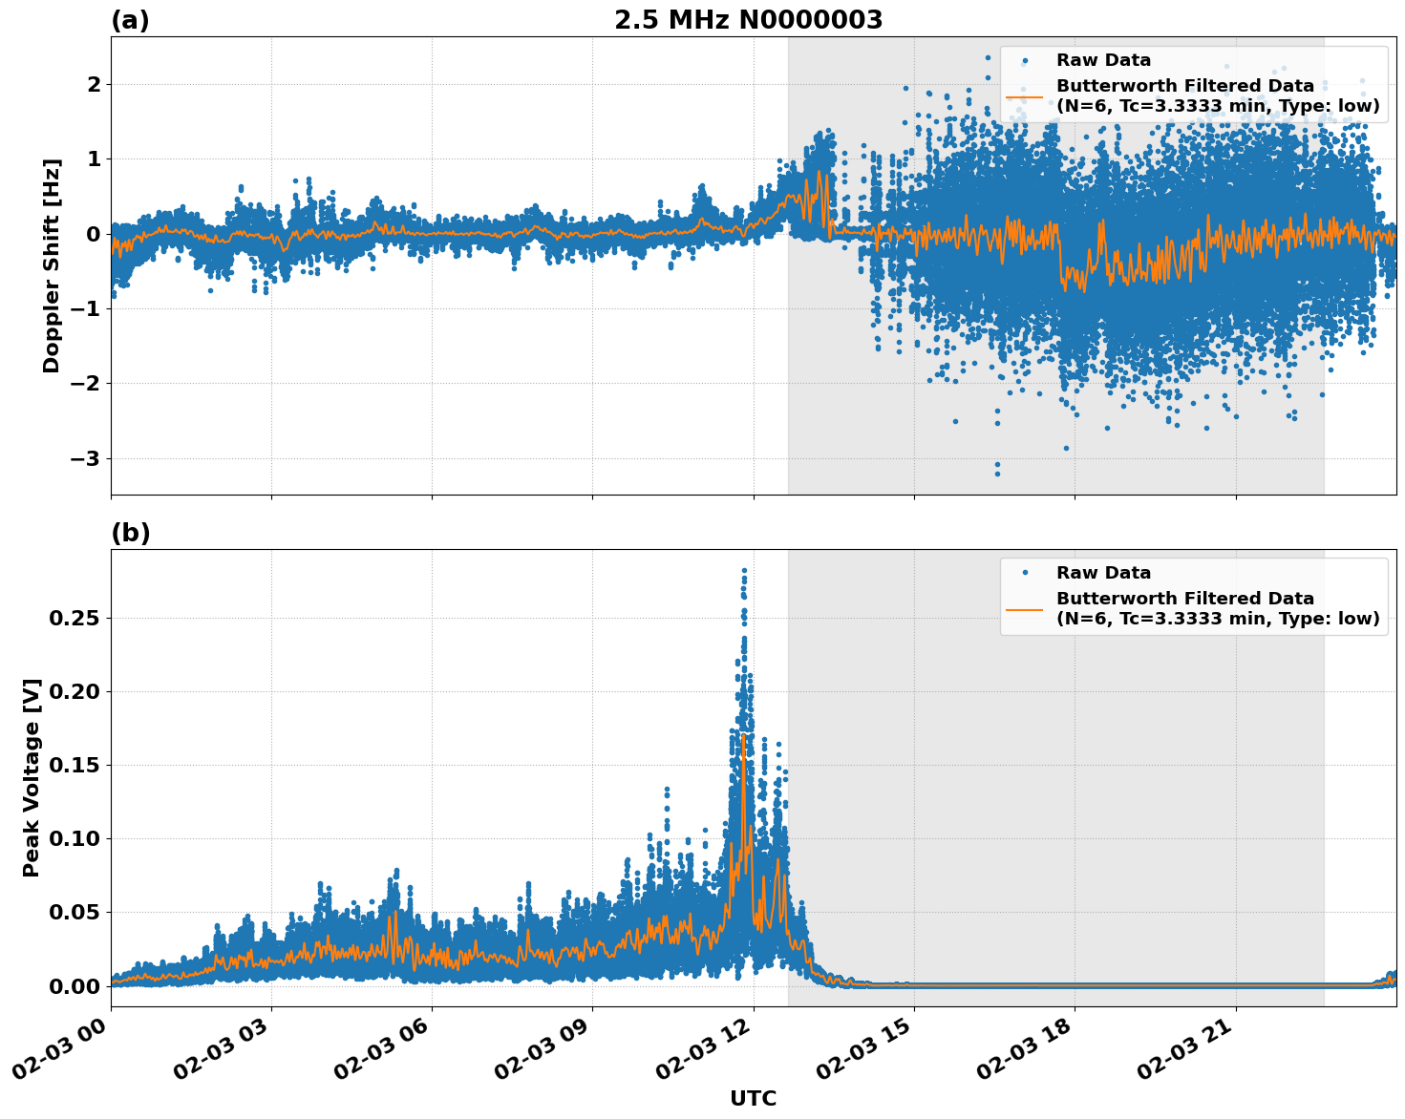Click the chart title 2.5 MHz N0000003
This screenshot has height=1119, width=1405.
coord(748,20)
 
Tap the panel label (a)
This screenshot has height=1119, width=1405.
coord(130,20)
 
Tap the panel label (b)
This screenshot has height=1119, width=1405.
coord(130,533)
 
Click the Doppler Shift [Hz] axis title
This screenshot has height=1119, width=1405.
coord(52,265)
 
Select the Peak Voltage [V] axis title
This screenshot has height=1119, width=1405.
coord(32,777)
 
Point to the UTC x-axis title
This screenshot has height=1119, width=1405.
coord(753,1098)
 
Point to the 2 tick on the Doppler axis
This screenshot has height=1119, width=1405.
coord(94,84)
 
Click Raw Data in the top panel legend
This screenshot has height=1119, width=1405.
coord(1103,60)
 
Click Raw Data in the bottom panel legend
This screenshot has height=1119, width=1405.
coord(1103,573)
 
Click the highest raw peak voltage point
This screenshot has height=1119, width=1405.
coord(744,570)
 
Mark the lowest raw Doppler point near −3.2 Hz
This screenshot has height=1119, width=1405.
coord(997,474)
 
